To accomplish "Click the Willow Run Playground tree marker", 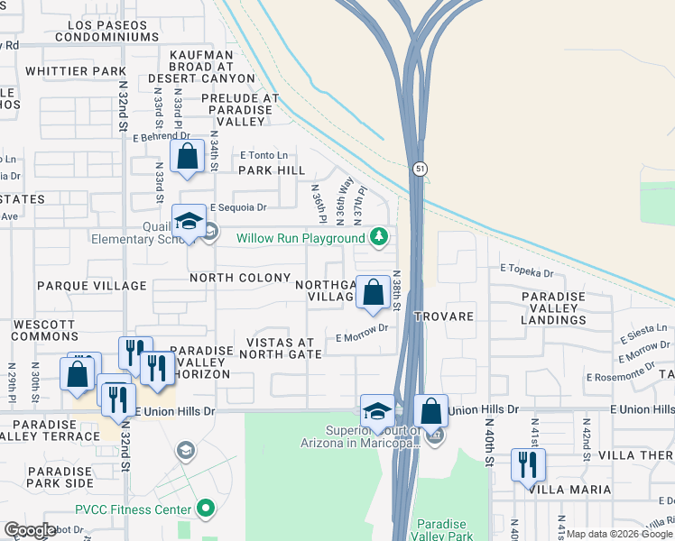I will [380, 237].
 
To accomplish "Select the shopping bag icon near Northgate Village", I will [372, 293].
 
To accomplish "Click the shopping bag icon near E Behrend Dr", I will [186, 157].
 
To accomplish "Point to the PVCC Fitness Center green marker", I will [206, 509].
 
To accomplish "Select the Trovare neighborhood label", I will [444, 317].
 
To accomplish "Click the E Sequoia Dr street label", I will [238, 206].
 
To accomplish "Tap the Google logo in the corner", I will [30, 530].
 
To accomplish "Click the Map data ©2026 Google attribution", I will [618, 534].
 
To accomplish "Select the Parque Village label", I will [91, 286].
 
